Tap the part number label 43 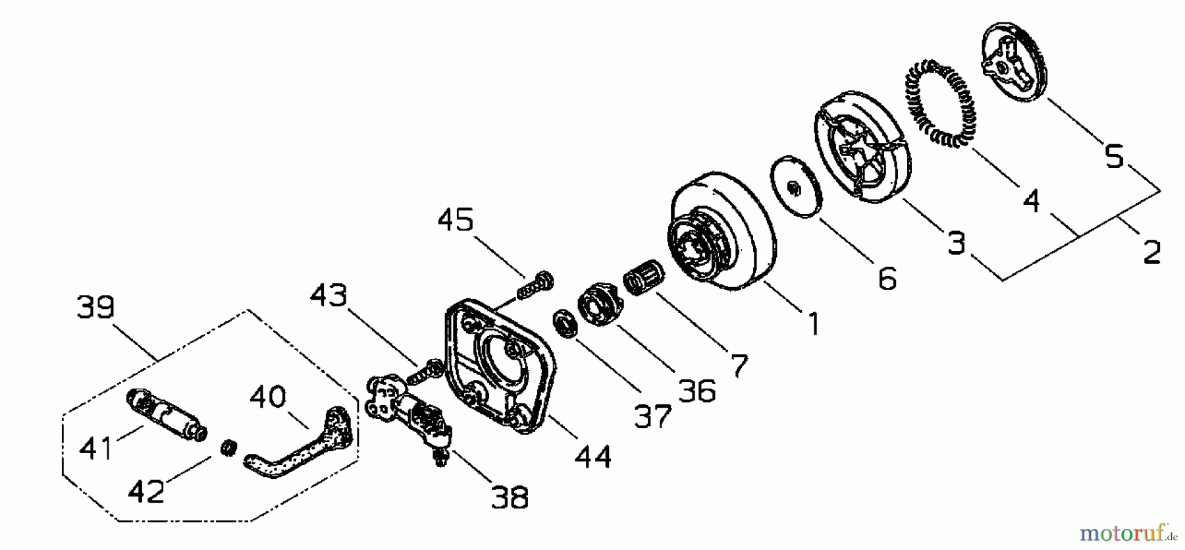pos(329,296)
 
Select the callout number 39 pos(95,307)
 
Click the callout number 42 pos(145,491)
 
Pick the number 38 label pos(510,498)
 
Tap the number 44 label pos(592,456)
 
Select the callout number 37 pos(652,416)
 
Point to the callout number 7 pos(739,366)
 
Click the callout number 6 pos(887,279)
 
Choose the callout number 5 pos(1114,157)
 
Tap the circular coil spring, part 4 pos(942,100)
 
